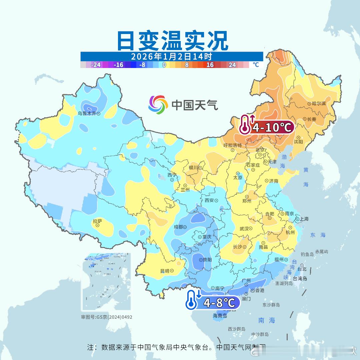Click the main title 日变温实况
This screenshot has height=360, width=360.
pos(172,41)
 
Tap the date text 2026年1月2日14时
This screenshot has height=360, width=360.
pos(171,56)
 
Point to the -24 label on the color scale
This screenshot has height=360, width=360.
pos(96,65)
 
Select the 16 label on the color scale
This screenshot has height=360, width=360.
pos(210,65)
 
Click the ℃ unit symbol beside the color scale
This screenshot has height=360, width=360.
pos(256,65)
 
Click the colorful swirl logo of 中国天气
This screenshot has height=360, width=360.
pos(158,105)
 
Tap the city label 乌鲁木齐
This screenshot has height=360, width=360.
pos(87,113)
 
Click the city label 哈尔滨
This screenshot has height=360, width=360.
pos(319,104)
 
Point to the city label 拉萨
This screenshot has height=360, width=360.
pos(97,221)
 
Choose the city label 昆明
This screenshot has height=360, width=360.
pos(165,271)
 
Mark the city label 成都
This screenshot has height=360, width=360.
pos(178,227)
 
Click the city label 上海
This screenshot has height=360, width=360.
pos(304,219)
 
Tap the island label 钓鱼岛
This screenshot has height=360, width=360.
pos(307,254)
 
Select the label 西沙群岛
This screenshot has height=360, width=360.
pos(237,329)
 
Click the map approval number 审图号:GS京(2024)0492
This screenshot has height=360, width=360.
pos(107,317)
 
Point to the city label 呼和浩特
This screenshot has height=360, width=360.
pos(232,146)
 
